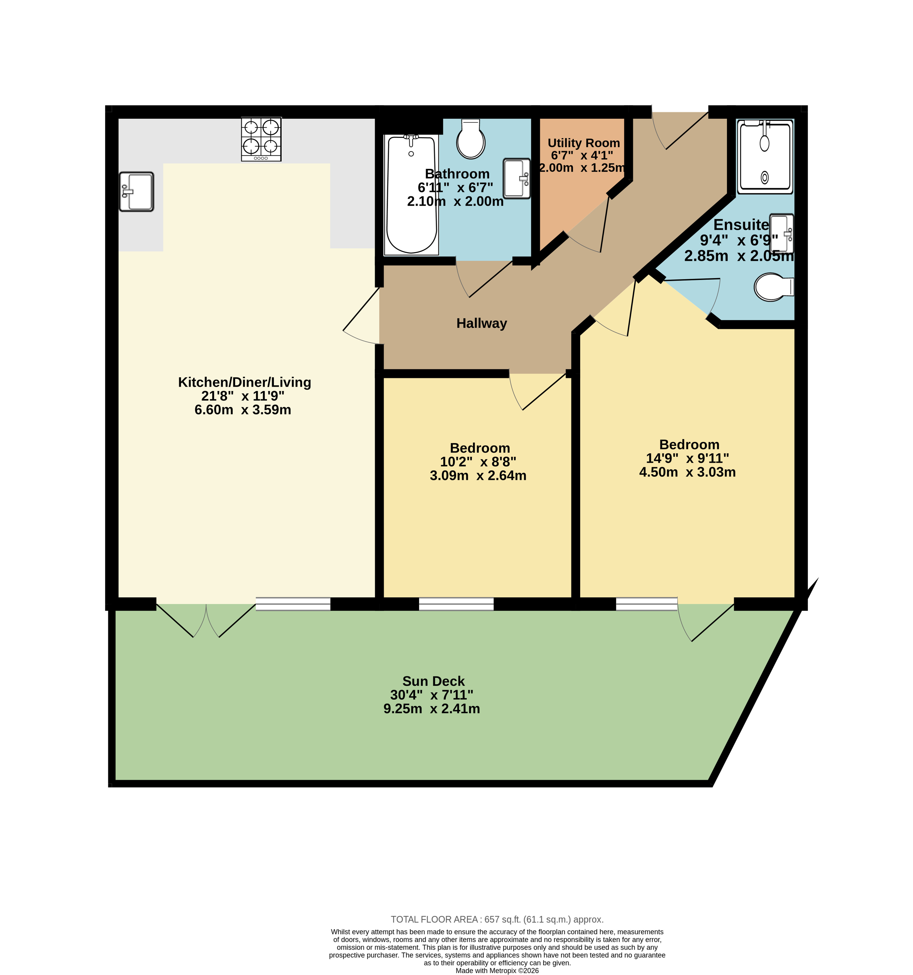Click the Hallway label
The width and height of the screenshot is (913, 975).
click(x=481, y=323)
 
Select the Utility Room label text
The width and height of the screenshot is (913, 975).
click(x=584, y=143)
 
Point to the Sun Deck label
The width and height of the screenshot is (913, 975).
click(x=433, y=681)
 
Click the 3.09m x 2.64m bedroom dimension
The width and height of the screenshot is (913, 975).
click(x=478, y=475)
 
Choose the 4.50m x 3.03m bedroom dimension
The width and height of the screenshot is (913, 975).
click(x=687, y=472)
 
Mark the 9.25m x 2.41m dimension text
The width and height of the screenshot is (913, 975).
click(x=432, y=709)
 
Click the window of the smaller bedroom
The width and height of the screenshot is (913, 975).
click(x=456, y=604)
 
